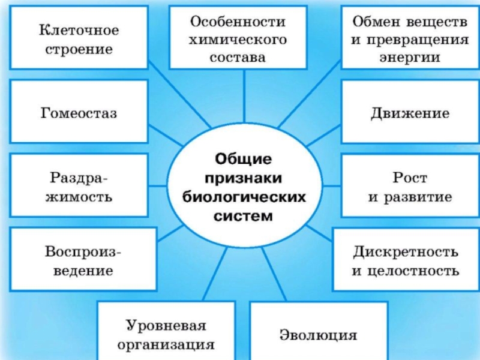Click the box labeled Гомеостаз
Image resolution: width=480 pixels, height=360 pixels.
[x=79, y=112]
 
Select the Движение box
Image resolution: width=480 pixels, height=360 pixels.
[x=410, y=112]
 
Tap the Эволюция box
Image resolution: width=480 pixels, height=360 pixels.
[x=319, y=331]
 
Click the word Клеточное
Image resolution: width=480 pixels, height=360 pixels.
[x=79, y=31]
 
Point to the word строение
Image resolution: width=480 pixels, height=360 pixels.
[x=79, y=50]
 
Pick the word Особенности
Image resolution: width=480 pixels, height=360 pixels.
[x=238, y=22]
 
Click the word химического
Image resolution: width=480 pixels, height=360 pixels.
[x=238, y=40]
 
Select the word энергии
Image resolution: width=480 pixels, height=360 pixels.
[x=410, y=58]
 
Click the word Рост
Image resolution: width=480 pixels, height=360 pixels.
[x=410, y=178]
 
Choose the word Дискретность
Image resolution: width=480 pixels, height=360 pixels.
[x=406, y=251]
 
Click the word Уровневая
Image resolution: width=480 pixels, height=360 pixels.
[x=166, y=326]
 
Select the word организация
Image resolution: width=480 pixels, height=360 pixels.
[x=166, y=345]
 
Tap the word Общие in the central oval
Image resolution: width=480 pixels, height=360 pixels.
[x=244, y=159]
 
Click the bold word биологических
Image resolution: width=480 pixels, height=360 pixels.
[x=244, y=197]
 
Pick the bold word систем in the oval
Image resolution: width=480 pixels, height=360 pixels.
[x=243, y=216]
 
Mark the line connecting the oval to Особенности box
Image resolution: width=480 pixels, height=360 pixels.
[x=244, y=95]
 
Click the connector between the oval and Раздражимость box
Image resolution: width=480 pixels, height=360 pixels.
[x=158, y=185]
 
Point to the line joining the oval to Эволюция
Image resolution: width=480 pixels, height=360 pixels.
[x=274, y=274]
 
